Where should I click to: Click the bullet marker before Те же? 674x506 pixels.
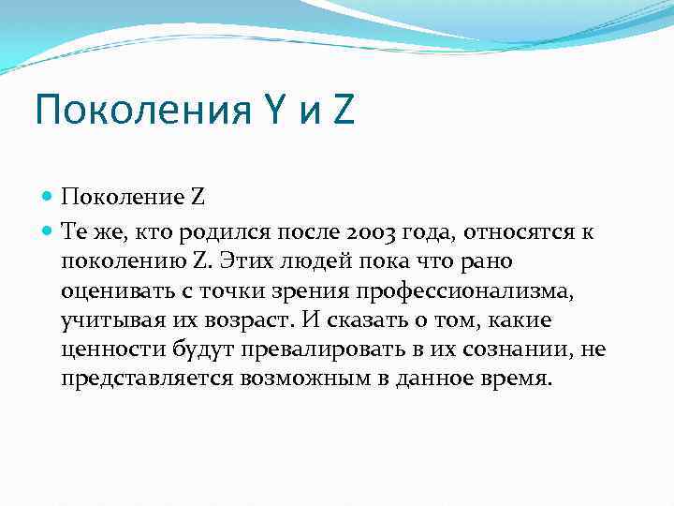click(48, 230)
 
